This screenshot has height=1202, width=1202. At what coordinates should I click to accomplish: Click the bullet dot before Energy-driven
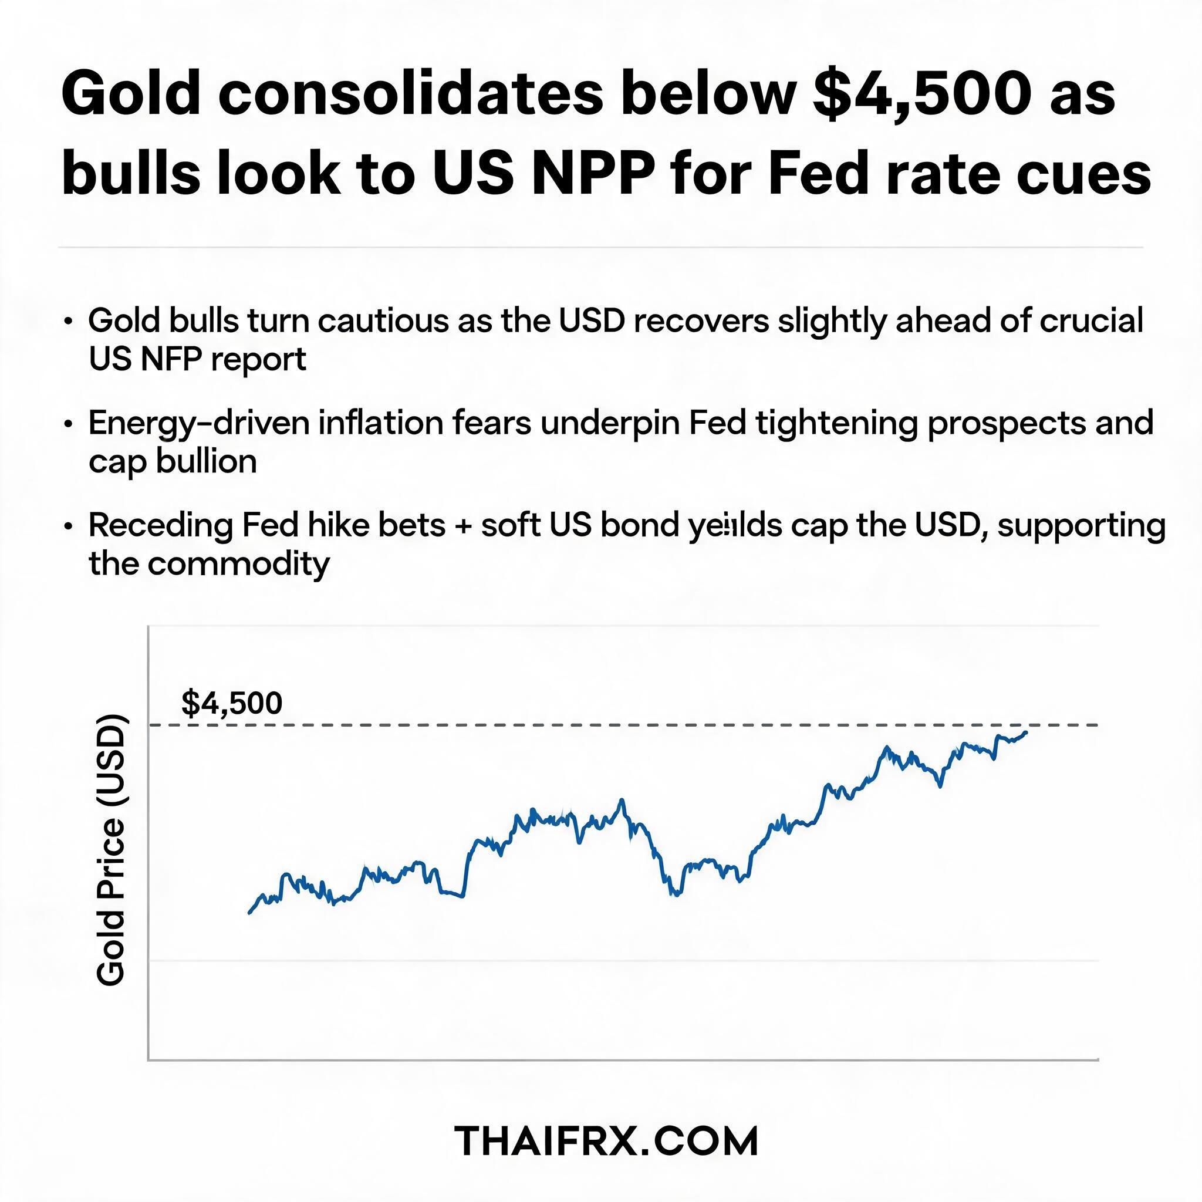pos(69,424)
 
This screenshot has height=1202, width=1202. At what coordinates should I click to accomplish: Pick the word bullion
pos(206,462)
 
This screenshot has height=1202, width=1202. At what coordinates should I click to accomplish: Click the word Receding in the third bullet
pos(160,526)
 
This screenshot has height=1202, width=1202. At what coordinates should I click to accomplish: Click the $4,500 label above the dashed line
pos(231,703)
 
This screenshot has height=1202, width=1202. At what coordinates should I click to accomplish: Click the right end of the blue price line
pos(1027,732)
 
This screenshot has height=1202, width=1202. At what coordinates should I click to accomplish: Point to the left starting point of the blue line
pos(249,913)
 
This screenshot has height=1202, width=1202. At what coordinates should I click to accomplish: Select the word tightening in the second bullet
pos(837,424)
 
